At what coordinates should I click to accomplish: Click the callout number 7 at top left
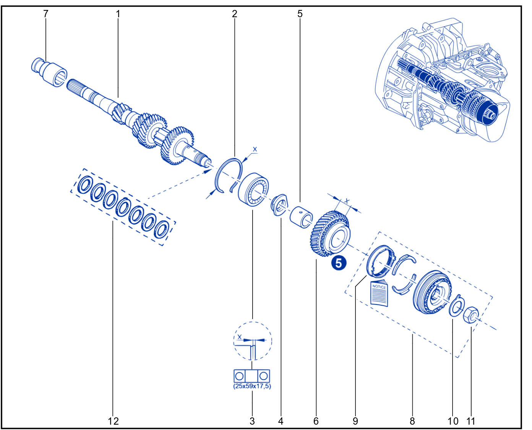point(45,14)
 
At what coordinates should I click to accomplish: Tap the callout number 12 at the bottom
point(113,421)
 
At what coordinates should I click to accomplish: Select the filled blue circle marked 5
point(339,263)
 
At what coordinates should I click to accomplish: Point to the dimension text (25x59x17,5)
point(252,386)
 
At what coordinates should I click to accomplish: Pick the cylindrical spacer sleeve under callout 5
point(301,217)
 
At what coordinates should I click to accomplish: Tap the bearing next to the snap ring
point(253,189)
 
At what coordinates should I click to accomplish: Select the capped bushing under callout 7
point(49,72)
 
